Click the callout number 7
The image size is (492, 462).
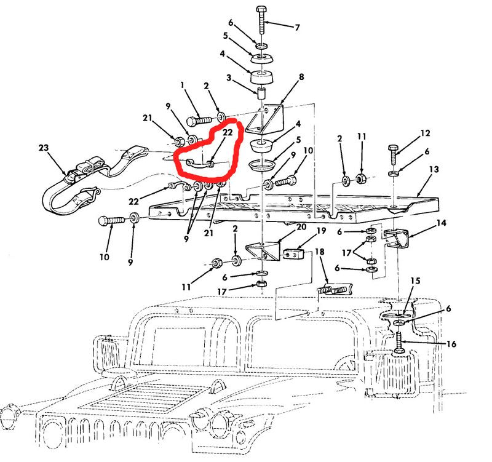click(x=297, y=28)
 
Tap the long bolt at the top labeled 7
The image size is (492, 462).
click(x=261, y=20)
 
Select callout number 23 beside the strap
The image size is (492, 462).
click(x=44, y=147)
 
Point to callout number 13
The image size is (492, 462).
click(x=434, y=170)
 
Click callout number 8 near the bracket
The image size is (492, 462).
click(x=301, y=77)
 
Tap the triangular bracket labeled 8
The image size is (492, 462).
click(x=265, y=119)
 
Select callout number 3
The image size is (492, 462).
click(x=229, y=78)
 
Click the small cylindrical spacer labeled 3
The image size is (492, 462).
click(x=261, y=94)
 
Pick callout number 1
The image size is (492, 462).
click(x=182, y=85)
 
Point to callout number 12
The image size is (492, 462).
click(x=425, y=133)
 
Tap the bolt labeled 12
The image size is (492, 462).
click(x=393, y=154)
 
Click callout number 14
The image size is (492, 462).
click(x=441, y=223)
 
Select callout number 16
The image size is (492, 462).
click(x=451, y=344)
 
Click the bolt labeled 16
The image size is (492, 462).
click(x=399, y=343)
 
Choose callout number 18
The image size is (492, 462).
click(x=319, y=252)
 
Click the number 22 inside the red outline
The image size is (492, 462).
click(x=228, y=132)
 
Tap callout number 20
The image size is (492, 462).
click(x=301, y=226)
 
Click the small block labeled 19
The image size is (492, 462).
click(x=295, y=254)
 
